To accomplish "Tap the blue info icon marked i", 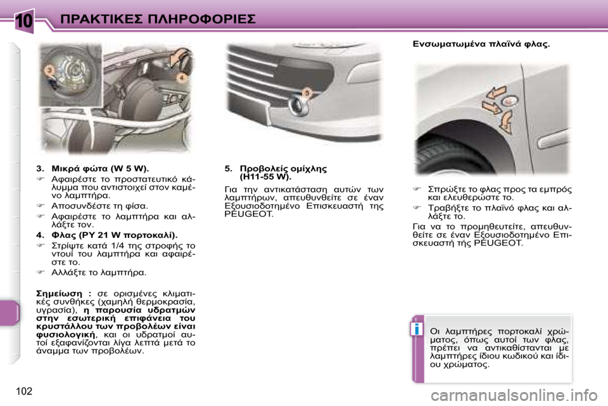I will click(416, 329).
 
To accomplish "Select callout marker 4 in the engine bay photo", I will click(180, 77).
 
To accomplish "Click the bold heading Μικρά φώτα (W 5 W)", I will click(99, 169).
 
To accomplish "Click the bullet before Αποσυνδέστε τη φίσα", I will click(41, 206).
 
